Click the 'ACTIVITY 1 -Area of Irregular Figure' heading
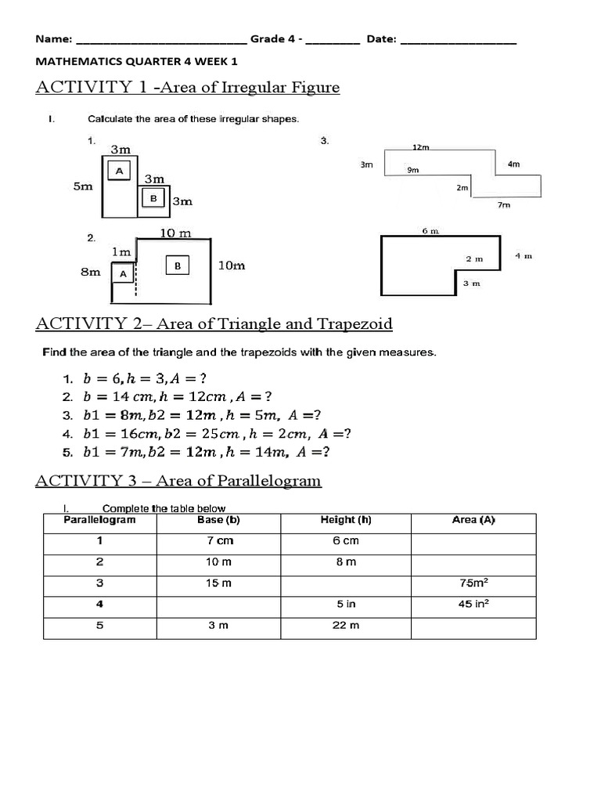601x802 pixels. click(x=188, y=87)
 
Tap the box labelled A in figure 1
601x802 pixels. click(x=120, y=171)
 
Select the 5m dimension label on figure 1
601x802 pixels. click(x=83, y=186)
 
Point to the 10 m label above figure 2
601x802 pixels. click(x=175, y=233)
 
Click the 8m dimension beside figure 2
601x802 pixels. click(x=91, y=272)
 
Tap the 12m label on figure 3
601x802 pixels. click(x=421, y=146)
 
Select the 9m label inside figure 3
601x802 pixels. click(x=412, y=169)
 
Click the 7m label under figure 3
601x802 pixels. click(x=504, y=205)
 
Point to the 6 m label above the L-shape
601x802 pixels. click(x=430, y=231)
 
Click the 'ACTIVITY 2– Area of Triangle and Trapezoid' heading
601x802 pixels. click(x=214, y=323)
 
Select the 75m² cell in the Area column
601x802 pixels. click(x=474, y=583)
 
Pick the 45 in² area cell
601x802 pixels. click(x=474, y=604)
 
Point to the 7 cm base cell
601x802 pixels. click(x=218, y=541)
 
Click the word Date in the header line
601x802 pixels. click(x=380, y=39)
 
